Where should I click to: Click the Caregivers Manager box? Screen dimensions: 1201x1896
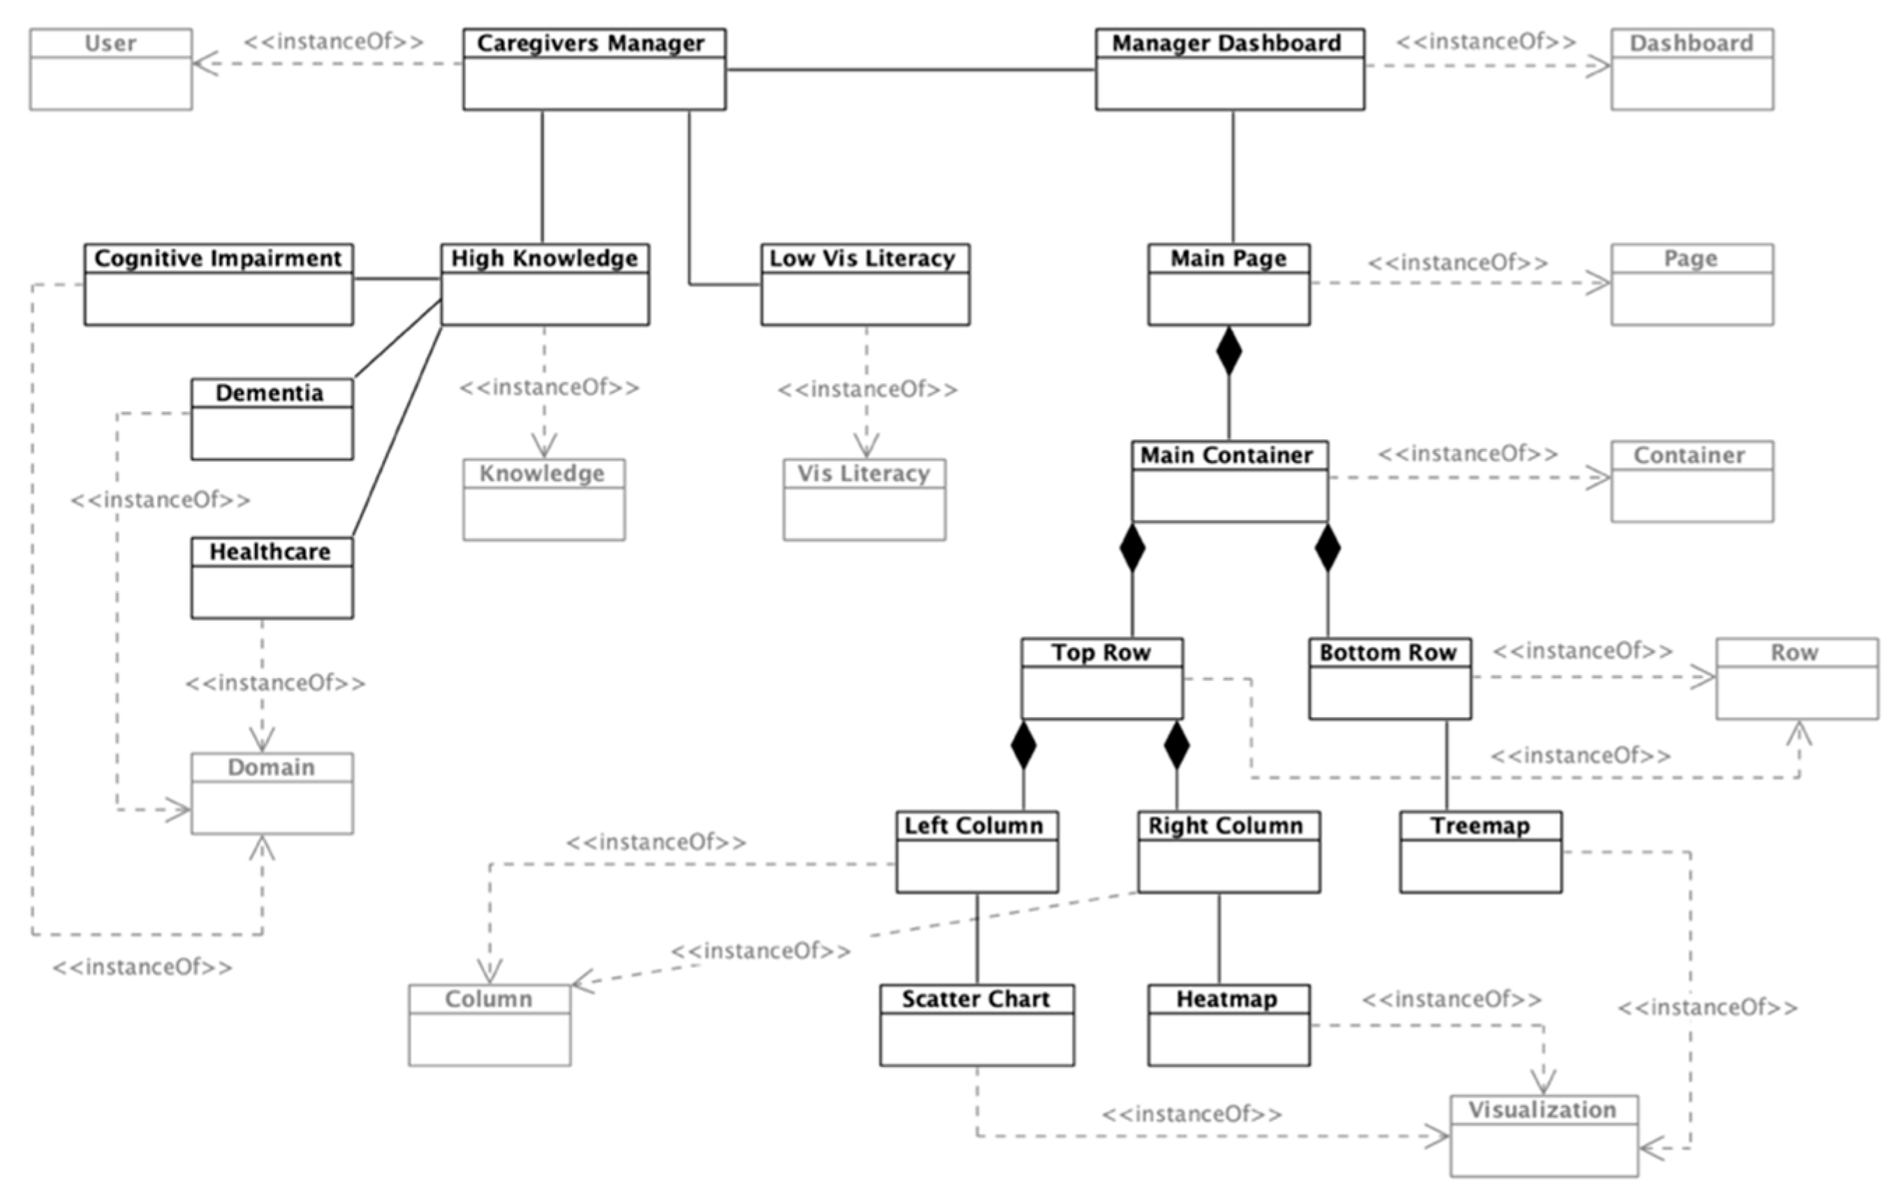pyautogui.click(x=594, y=69)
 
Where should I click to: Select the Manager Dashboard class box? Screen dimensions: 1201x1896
pyautogui.click(x=1229, y=69)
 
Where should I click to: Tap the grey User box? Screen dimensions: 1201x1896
pyautogui.click(x=111, y=69)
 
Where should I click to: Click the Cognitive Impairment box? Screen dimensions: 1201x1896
pyautogui.click(x=218, y=284)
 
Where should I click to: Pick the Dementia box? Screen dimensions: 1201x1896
pyautogui.click(x=272, y=419)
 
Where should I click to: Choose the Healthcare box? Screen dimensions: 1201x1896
pyautogui.click(x=272, y=577)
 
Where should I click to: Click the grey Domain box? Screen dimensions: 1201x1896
pyautogui.click(x=272, y=793)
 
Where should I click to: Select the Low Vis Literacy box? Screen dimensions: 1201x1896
pyautogui.click(x=865, y=284)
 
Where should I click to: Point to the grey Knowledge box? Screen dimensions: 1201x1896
pyautogui.click(x=543, y=500)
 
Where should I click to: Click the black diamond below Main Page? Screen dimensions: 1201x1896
pyautogui.click(x=1229, y=351)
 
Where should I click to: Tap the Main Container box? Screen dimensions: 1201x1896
pyautogui.click(x=1229, y=481)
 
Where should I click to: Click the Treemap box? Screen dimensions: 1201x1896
pyautogui.click(x=1480, y=852)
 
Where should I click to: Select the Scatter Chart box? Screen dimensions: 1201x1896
pyautogui.click(x=976, y=1025)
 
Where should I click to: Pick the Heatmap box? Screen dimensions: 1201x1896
pyautogui.click(x=1228, y=1025)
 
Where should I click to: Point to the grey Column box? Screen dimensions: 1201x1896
pyautogui.click(x=489, y=1025)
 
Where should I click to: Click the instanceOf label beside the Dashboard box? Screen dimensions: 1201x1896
pyautogui.click(x=1486, y=42)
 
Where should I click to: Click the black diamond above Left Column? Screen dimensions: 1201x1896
pyautogui.click(x=1023, y=744)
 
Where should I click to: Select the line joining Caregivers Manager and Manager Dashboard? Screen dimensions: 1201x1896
pyautogui.click(x=909, y=69)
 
